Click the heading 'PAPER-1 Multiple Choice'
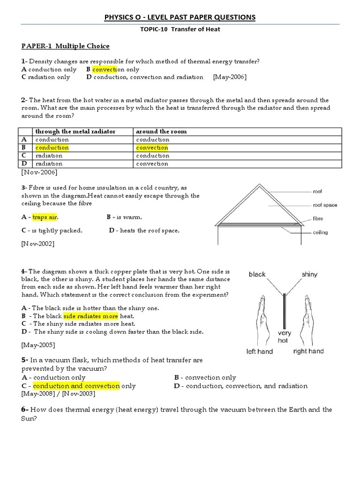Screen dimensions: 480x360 click(65, 46)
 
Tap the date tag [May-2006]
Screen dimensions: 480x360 click(230, 77)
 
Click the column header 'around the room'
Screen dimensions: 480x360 click(161, 132)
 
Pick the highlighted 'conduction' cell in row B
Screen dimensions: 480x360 click(52, 148)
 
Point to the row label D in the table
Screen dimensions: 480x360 click(24, 164)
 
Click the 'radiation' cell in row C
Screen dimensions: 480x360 click(49, 156)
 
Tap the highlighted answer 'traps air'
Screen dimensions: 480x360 click(45, 217)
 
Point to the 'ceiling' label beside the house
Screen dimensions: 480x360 click(320, 232)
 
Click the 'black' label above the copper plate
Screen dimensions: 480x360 click(257, 275)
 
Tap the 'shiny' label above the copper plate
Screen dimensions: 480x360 click(309, 275)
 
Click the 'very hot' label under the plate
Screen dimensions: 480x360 click(284, 337)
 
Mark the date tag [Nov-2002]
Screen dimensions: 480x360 click(38, 244)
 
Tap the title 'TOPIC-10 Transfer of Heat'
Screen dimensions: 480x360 click(180, 30)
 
